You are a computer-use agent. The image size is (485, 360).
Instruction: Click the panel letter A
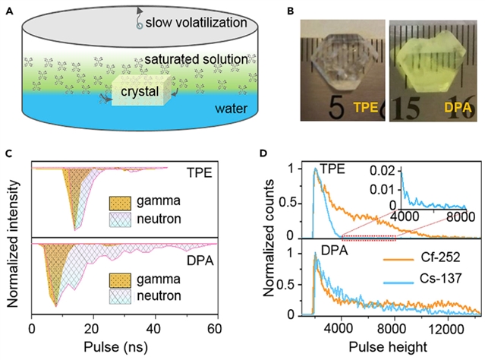point(8,9)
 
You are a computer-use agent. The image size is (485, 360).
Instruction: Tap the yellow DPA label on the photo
point(449,109)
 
